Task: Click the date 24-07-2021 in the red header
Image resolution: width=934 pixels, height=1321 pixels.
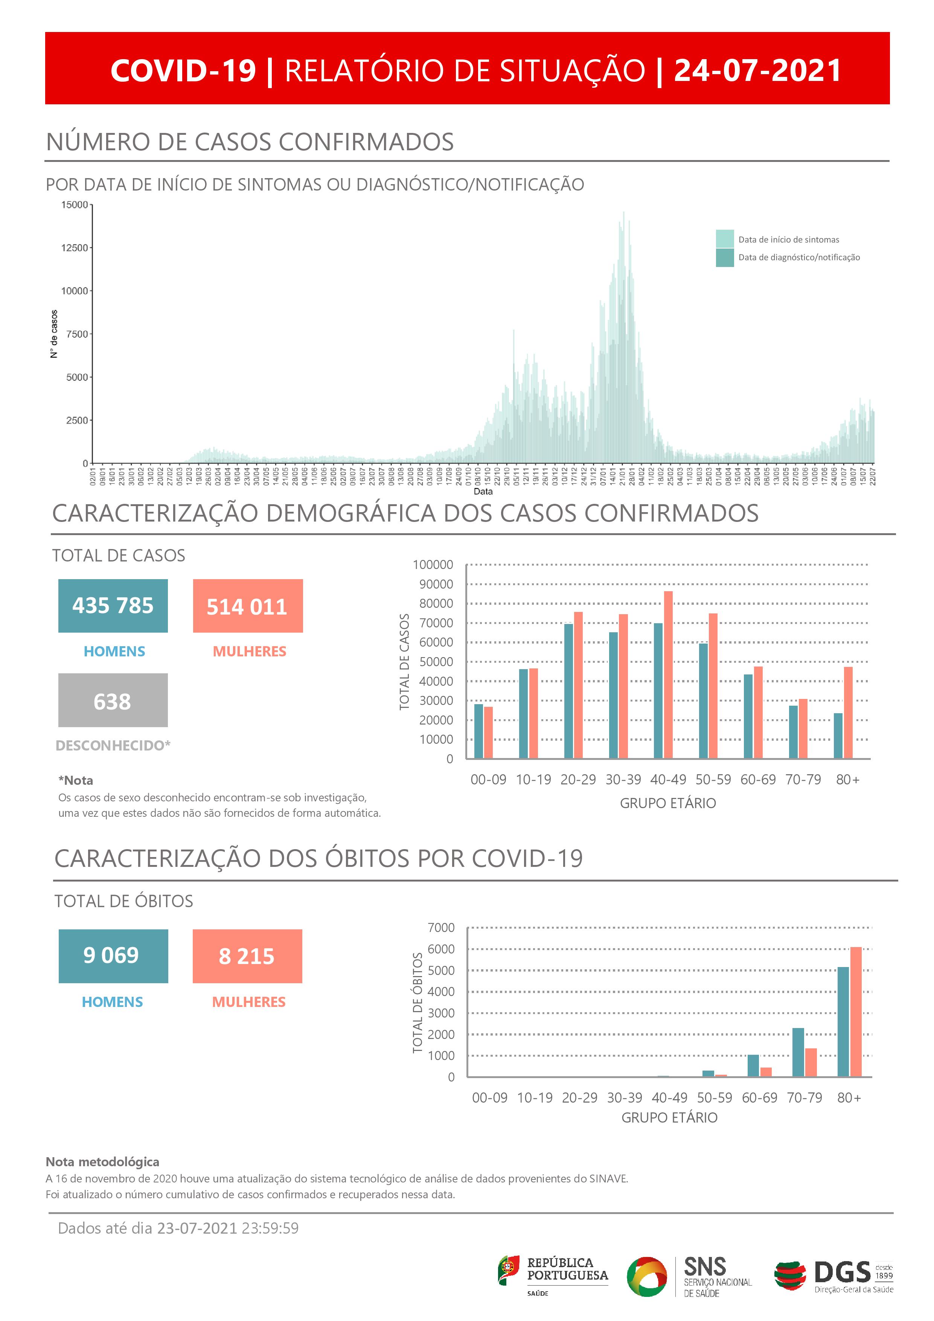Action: tap(757, 71)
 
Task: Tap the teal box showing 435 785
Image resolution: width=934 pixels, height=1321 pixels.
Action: tap(113, 606)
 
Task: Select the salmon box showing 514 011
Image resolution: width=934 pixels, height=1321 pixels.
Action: tap(247, 606)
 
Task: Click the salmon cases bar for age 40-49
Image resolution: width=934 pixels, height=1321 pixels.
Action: tap(668, 674)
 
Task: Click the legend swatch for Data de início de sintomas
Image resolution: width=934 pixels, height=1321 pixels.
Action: tap(725, 239)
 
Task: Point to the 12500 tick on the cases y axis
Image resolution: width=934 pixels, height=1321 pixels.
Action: tap(75, 248)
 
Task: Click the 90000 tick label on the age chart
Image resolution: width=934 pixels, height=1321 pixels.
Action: tap(433, 584)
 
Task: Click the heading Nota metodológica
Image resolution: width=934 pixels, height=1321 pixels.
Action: tap(102, 1162)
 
